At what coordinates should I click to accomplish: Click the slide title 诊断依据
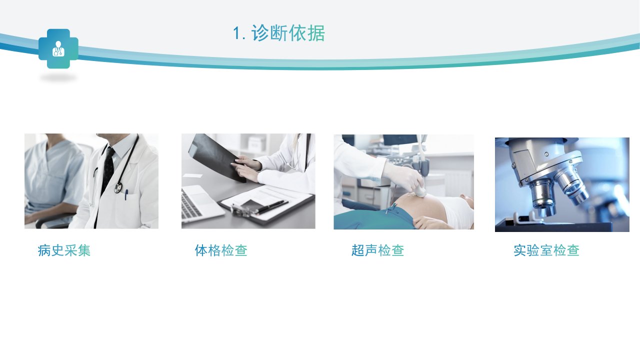pyautogui.click(x=288, y=33)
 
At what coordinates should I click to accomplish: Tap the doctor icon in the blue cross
pyautogui.click(x=58, y=48)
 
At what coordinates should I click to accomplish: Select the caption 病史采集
pyautogui.click(x=64, y=250)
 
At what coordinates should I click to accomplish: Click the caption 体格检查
pyautogui.click(x=221, y=250)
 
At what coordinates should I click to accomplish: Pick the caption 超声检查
pyautogui.click(x=377, y=250)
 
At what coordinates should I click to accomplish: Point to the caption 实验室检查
pyautogui.click(x=546, y=250)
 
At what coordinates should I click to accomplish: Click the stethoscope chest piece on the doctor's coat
pyautogui.click(x=118, y=187)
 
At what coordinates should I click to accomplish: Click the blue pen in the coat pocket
pyautogui.click(x=126, y=194)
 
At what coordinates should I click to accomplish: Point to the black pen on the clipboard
pyautogui.click(x=271, y=206)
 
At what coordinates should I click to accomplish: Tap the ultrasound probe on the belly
pyautogui.click(x=420, y=190)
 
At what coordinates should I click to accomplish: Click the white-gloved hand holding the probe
pyautogui.click(x=403, y=175)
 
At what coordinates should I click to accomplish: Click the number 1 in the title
pyautogui.click(x=237, y=33)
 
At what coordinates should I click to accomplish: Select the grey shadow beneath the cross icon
pyautogui.click(x=58, y=77)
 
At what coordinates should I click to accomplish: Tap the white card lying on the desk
pyautogui.click(x=192, y=175)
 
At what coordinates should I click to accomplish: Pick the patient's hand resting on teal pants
pyautogui.click(x=428, y=222)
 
